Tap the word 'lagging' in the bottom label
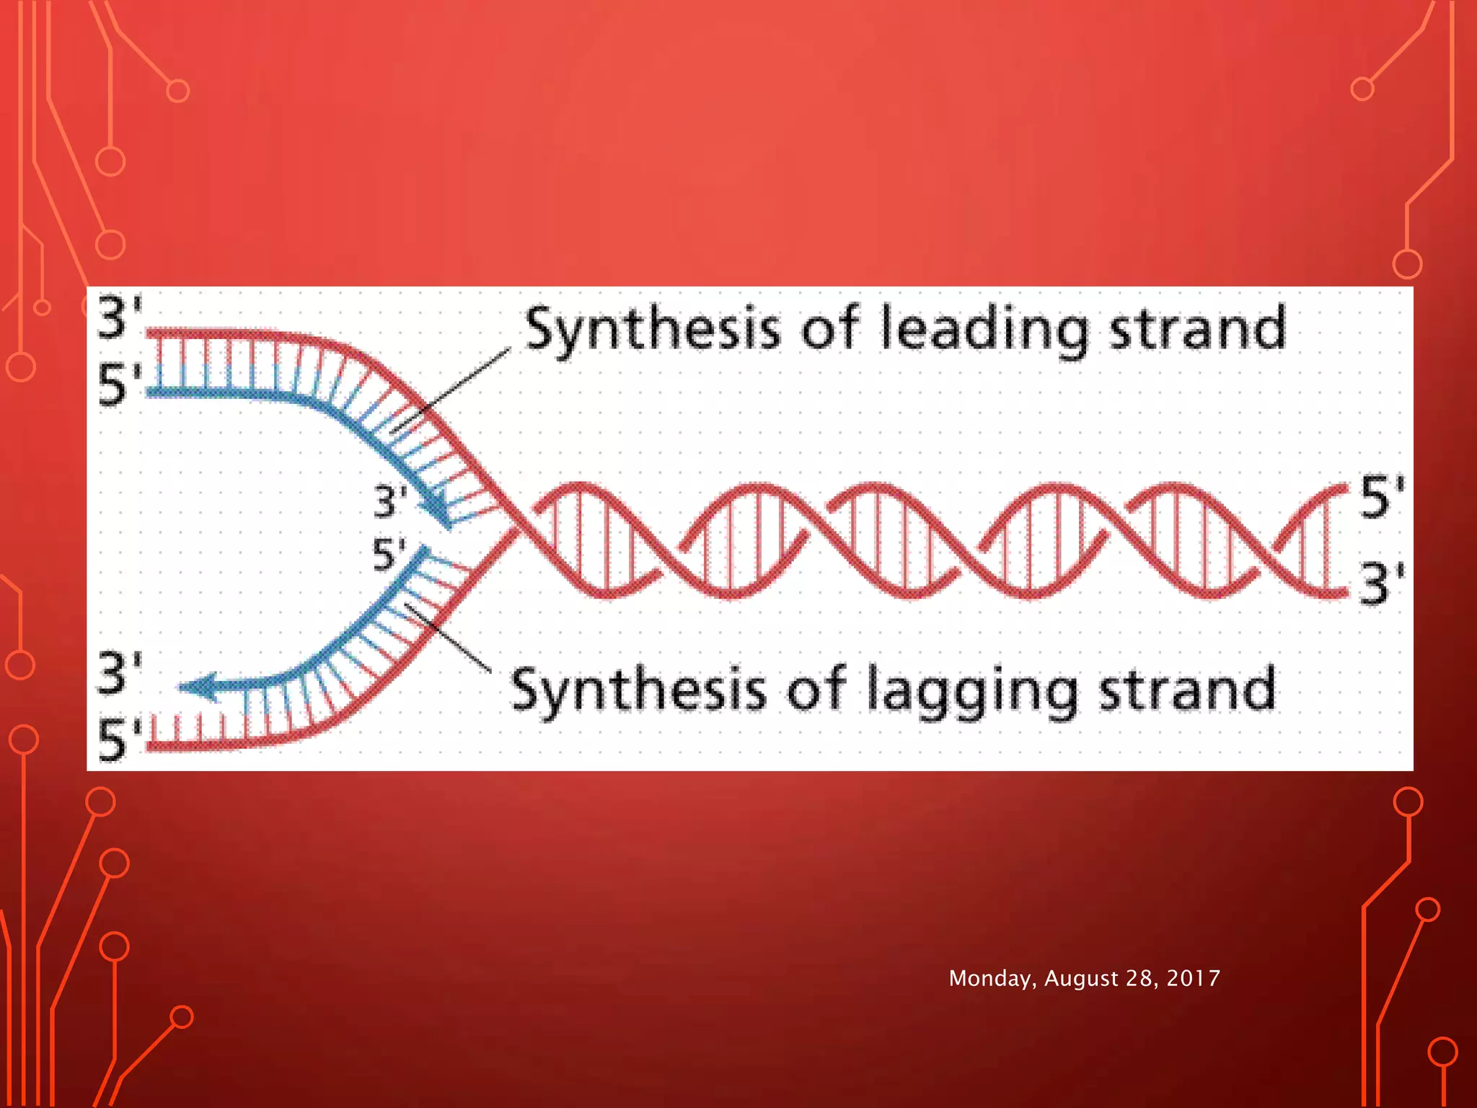pyautogui.click(x=972, y=691)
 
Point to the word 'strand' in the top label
pyautogui.click(x=1197, y=328)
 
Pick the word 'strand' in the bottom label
pyautogui.click(x=1187, y=690)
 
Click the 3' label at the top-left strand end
pyautogui.click(x=119, y=317)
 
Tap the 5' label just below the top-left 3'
pyautogui.click(x=119, y=384)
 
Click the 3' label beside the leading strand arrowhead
pyautogui.click(x=390, y=501)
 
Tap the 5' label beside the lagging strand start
pyautogui.click(x=389, y=555)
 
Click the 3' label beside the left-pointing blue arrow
pyautogui.click(x=119, y=672)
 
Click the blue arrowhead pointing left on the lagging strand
pyautogui.click(x=199, y=686)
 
